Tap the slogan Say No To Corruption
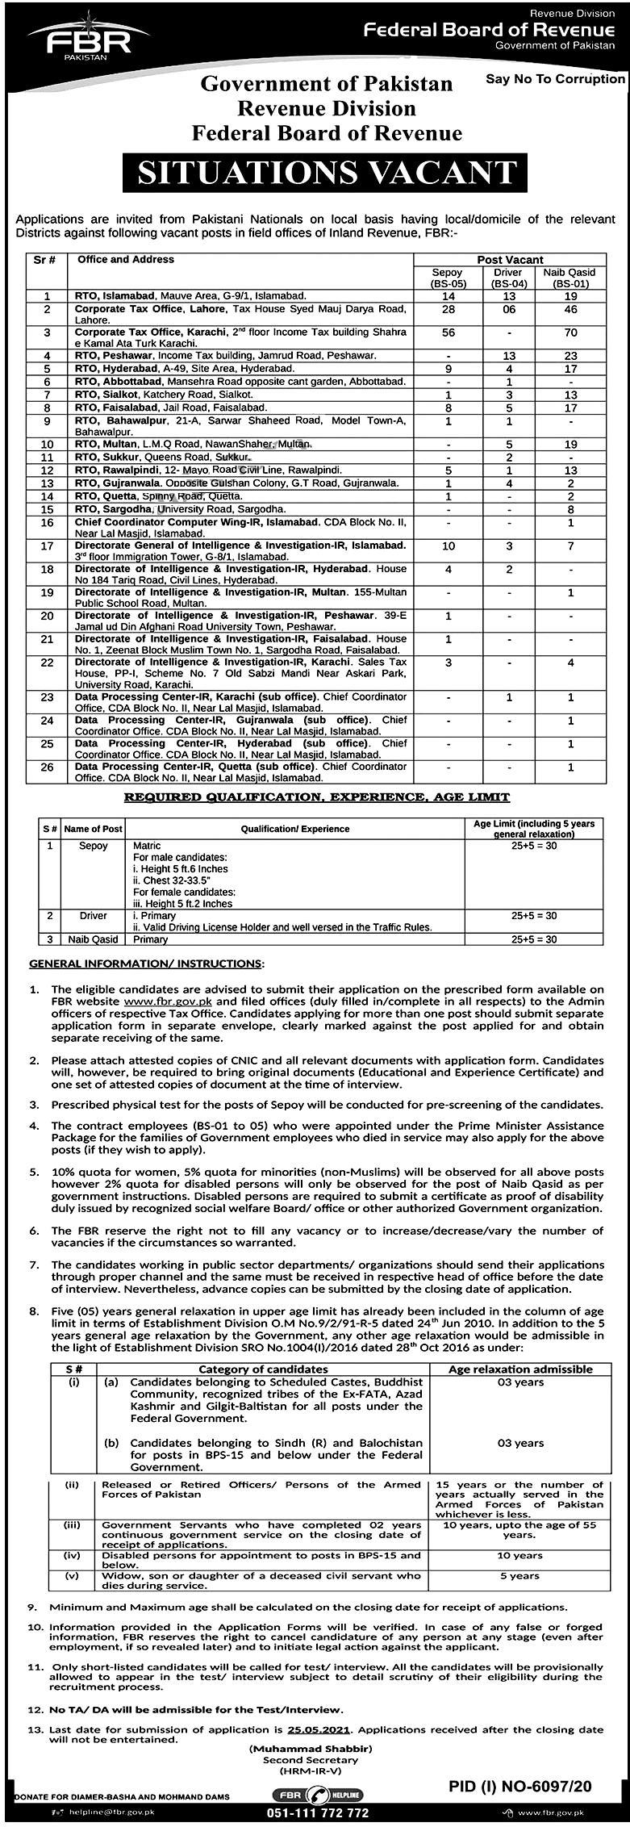click(555, 79)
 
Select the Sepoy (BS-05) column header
click(448, 278)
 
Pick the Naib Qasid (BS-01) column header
click(570, 278)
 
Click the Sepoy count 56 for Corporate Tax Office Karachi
click(449, 332)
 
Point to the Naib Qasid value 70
click(570, 332)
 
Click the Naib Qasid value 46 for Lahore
click(570, 309)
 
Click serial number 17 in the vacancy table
click(48, 546)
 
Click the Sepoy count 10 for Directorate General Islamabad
click(449, 546)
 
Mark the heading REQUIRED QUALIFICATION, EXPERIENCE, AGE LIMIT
click(316, 797)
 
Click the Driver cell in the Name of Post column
click(94, 916)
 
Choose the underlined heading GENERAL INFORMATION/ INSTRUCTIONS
click(145, 964)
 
